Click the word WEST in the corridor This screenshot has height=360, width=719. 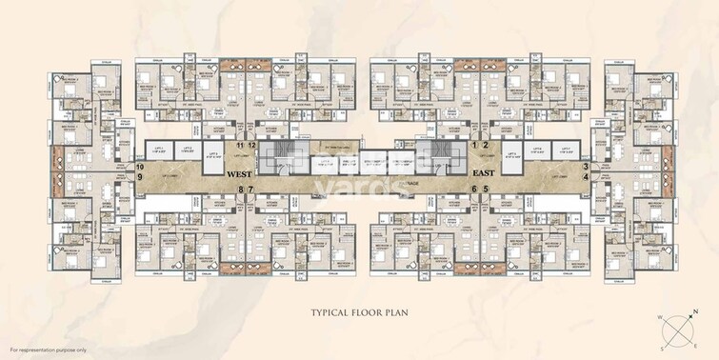tap(245, 175)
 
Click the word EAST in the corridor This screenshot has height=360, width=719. tap(489, 175)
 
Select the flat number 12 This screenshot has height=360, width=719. tap(252, 144)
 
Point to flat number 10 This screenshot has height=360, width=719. tap(140, 166)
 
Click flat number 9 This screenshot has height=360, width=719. tap(140, 176)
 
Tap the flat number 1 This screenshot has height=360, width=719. tap(474, 145)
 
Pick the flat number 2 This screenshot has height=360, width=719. tap(486, 145)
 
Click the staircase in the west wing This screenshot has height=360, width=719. tap(278, 157)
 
